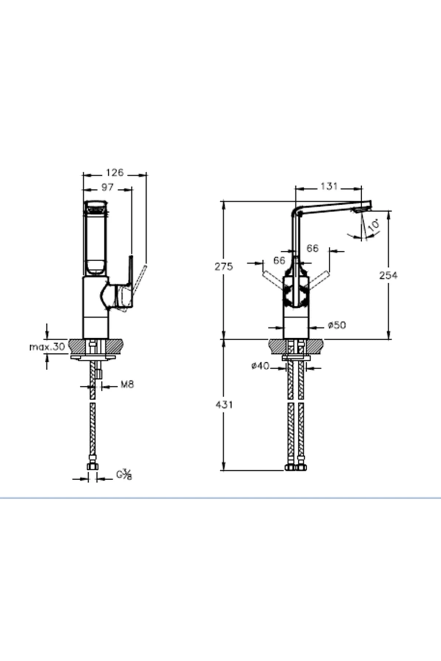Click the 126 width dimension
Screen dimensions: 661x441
[x=115, y=173]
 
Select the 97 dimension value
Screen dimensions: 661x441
[x=107, y=187]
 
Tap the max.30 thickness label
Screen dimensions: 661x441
[x=47, y=346]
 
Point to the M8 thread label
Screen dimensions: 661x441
[x=128, y=384]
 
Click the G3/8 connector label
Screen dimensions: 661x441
[x=124, y=474]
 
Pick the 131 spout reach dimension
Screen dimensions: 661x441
[x=329, y=187]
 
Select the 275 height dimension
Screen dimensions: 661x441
[x=224, y=266]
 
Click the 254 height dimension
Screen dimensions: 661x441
[x=388, y=275]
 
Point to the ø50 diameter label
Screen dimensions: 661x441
[x=336, y=325]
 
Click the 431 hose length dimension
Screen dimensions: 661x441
[x=224, y=405]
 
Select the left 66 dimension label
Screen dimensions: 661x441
[x=279, y=260]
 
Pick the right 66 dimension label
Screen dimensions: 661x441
[x=312, y=249]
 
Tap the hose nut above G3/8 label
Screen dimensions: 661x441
[x=93, y=467]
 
